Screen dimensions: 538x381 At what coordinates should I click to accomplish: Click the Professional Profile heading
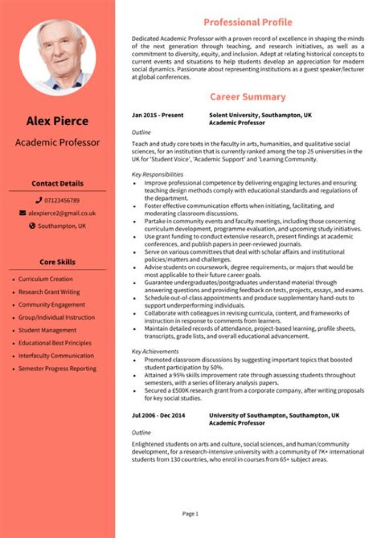tap(248, 22)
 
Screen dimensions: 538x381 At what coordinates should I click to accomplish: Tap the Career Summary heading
tap(248, 97)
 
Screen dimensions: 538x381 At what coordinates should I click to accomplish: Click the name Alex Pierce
tap(57, 121)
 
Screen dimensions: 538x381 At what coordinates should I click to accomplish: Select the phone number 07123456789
tap(62, 201)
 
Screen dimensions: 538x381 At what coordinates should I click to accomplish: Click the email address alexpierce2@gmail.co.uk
tap(62, 213)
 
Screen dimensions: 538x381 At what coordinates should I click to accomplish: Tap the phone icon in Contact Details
tap(39, 201)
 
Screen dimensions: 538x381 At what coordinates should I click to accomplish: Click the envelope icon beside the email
tap(22, 213)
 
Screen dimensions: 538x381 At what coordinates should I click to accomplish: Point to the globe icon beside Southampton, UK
tap(32, 226)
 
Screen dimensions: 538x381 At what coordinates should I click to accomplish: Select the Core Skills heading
tap(57, 262)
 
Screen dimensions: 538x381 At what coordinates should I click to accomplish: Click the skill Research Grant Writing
tap(49, 292)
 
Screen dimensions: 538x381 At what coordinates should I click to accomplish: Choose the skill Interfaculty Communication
tap(56, 356)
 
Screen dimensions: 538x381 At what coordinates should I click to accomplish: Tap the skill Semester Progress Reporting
tap(57, 368)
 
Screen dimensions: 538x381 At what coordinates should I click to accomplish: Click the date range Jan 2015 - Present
tap(158, 115)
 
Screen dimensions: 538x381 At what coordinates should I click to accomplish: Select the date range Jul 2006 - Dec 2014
tap(158, 415)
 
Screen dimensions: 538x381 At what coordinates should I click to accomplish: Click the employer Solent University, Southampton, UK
tap(260, 115)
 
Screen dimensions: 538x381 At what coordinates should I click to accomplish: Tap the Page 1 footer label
tap(190, 514)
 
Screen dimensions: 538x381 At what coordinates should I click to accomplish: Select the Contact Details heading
tap(57, 184)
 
